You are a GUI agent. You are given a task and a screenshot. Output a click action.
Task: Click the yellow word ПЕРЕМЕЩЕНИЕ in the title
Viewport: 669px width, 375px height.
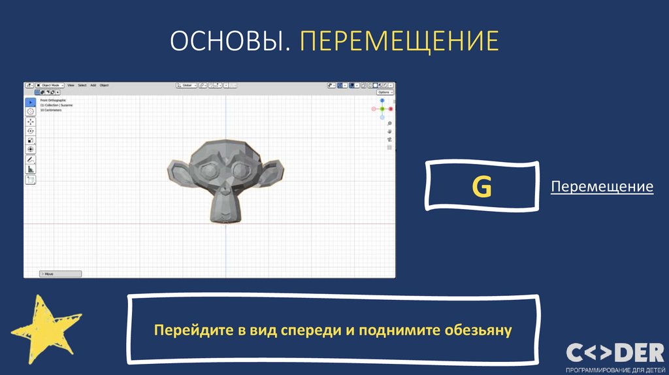click(399, 41)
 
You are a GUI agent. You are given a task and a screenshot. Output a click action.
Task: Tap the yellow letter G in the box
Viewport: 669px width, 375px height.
click(482, 187)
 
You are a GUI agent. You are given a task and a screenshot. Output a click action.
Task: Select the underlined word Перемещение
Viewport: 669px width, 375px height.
click(602, 187)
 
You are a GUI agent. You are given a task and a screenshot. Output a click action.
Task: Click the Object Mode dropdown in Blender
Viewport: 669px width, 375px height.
click(50, 86)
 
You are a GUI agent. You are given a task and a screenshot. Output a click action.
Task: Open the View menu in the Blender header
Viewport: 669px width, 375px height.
click(71, 86)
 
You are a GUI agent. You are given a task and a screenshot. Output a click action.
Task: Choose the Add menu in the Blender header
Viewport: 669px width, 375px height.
click(93, 86)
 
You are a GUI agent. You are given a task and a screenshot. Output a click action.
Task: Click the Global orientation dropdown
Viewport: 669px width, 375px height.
click(187, 86)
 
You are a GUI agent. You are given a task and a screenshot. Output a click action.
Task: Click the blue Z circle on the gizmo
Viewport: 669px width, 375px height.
click(382, 101)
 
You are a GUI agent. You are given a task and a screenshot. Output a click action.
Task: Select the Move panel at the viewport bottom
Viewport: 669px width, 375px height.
click(60, 274)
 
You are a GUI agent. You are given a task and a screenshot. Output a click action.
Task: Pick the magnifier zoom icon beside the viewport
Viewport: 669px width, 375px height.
click(389, 123)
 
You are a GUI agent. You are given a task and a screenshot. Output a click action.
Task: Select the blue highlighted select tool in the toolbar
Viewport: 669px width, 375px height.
click(31, 103)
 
